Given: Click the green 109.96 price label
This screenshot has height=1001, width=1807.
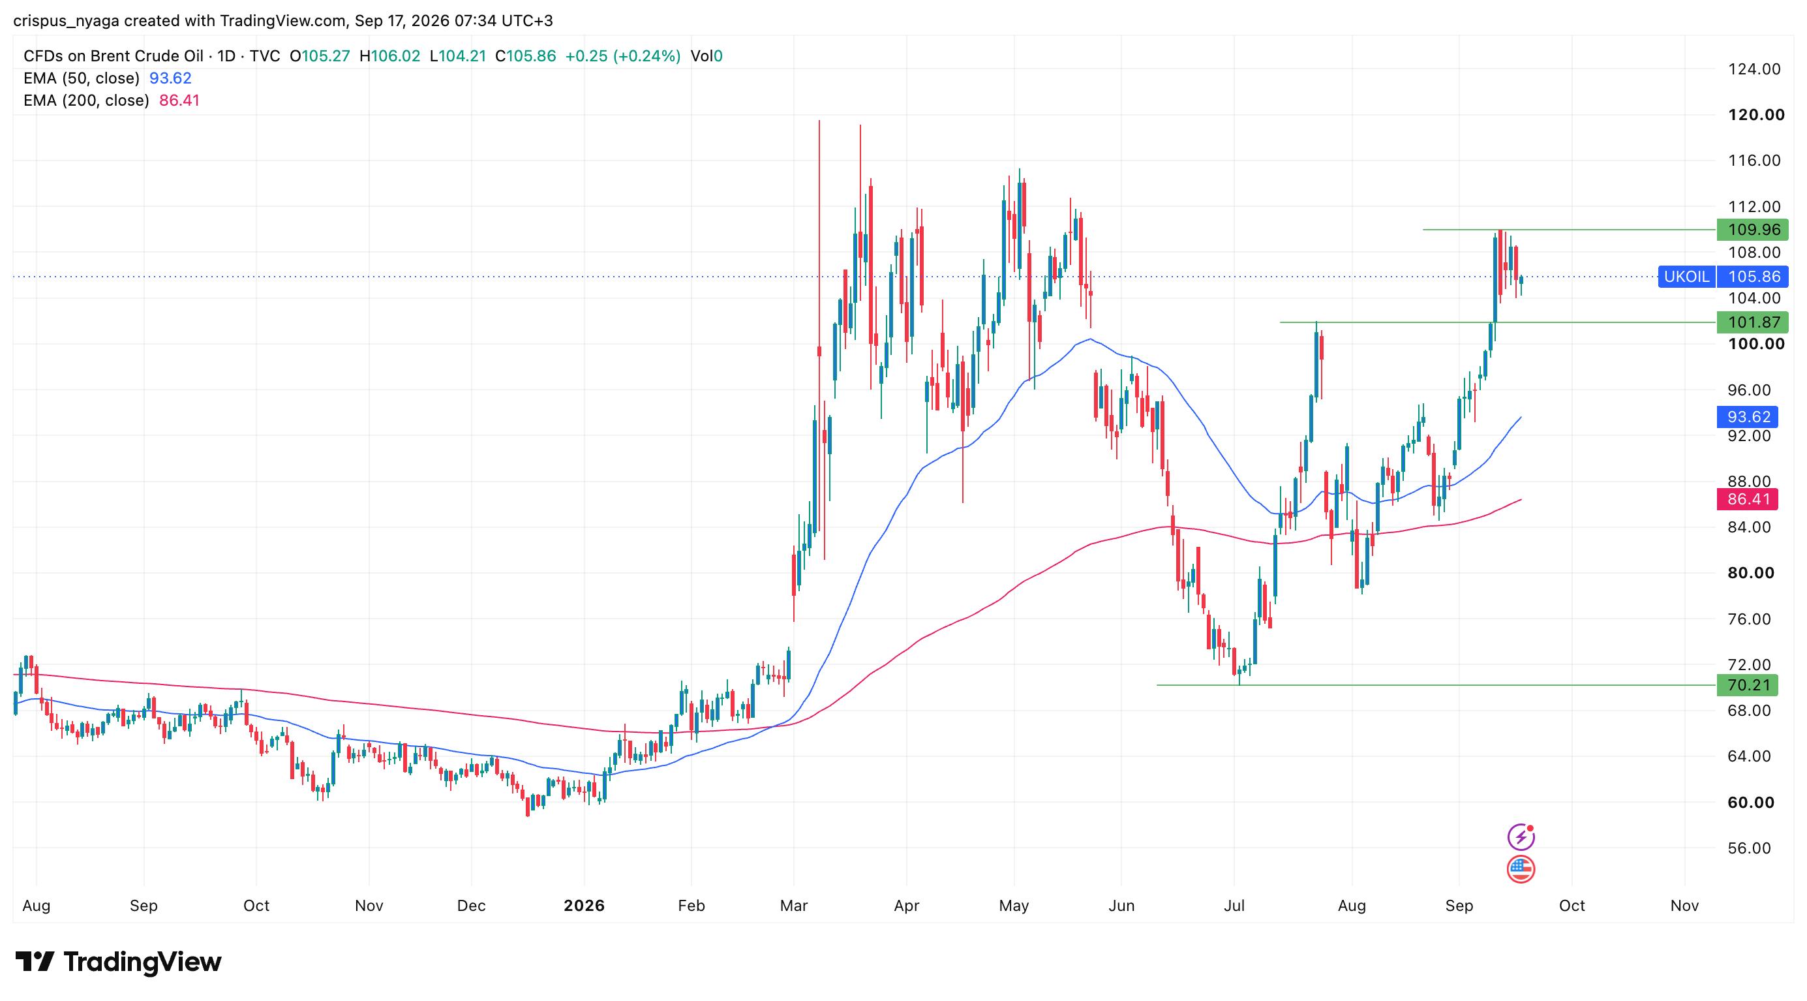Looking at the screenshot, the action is (x=1752, y=230).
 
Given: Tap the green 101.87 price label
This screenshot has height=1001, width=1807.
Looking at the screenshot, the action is (x=1752, y=322).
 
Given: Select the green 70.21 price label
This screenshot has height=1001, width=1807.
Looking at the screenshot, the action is (x=1747, y=685).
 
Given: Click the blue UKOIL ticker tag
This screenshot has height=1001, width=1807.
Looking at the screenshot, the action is (x=1686, y=277).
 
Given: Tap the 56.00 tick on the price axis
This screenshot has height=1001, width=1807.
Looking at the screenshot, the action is (x=1750, y=848).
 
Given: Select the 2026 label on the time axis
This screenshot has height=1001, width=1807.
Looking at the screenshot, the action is (x=584, y=906).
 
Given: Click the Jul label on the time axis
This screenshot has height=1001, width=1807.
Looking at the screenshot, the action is (x=1234, y=906).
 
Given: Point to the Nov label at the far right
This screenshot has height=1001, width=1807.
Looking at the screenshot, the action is (x=1684, y=906).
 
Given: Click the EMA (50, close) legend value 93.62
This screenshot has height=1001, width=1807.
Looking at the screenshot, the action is (x=170, y=78).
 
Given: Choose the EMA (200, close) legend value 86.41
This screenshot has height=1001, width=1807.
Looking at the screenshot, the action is (x=179, y=100).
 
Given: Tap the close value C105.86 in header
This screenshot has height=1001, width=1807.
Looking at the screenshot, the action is (x=525, y=56).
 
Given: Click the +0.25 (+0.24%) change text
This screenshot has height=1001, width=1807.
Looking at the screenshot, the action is (x=623, y=56).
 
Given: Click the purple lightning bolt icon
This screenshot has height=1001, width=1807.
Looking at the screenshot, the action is (x=1520, y=836).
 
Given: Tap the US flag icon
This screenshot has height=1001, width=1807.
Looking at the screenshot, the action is (x=1520, y=869).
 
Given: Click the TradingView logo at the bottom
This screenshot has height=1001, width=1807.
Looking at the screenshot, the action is (x=118, y=961).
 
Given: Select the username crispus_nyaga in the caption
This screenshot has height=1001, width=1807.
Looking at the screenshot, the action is (x=67, y=21).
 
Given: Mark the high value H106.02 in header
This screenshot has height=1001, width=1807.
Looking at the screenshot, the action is (x=389, y=56).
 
